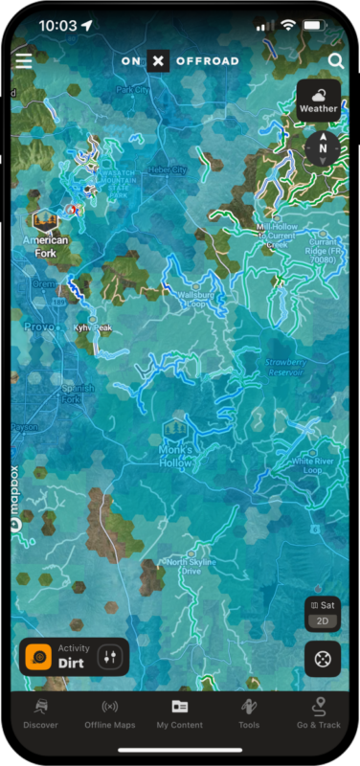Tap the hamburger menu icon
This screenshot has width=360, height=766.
[24, 60]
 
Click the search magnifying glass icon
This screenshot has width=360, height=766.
[335, 61]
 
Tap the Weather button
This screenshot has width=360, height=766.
[319, 100]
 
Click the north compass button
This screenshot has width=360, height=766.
[323, 147]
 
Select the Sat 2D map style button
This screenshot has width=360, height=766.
[323, 613]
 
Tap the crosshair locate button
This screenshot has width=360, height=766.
[323, 659]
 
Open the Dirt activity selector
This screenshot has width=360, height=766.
[74, 656]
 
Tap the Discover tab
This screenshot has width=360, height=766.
[40, 713]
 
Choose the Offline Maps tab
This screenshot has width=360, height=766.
[109, 713]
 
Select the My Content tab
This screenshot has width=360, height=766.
[179, 713]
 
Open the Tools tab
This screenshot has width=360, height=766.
[249, 713]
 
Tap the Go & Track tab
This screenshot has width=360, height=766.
[318, 713]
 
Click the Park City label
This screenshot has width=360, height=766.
[133, 89]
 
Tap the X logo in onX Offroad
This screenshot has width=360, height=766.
[159, 61]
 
